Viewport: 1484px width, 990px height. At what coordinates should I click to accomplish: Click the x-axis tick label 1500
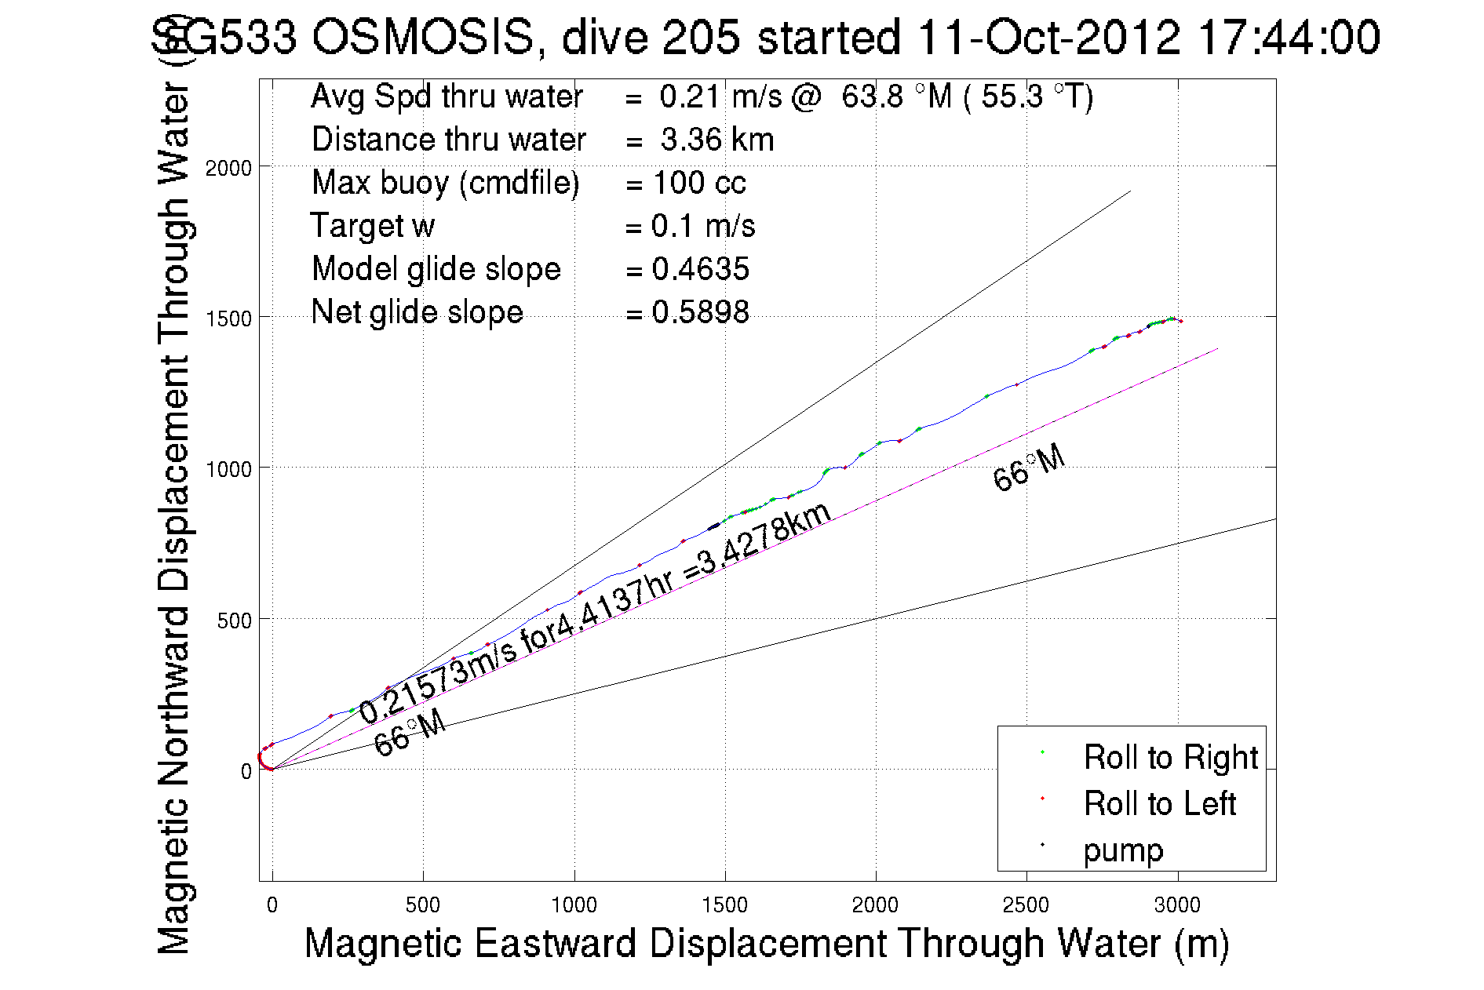[724, 905]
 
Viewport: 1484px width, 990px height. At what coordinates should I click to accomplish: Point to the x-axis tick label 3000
[1177, 905]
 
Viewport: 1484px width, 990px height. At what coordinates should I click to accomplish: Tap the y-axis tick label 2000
[228, 168]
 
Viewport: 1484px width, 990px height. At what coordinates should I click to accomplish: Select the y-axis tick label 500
[235, 621]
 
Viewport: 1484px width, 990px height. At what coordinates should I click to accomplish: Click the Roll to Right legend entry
[1170, 757]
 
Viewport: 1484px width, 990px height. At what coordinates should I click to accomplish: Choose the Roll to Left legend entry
[1159, 803]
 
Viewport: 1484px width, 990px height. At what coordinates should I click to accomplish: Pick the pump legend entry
[1123, 850]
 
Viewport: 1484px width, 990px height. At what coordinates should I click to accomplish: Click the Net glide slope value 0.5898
[700, 312]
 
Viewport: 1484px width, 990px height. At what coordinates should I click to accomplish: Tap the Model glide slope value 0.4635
[700, 269]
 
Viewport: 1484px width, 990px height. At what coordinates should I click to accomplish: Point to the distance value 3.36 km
[716, 140]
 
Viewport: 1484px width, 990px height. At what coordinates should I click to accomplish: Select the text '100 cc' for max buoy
[698, 183]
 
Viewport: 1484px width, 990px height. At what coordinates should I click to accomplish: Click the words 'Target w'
[372, 226]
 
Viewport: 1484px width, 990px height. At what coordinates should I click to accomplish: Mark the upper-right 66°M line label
[1029, 468]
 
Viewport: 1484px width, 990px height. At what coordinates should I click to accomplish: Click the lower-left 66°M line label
[410, 733]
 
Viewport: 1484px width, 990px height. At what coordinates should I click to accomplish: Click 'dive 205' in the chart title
[651, 37]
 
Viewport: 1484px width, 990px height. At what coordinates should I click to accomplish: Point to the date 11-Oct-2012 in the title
[1048, 37]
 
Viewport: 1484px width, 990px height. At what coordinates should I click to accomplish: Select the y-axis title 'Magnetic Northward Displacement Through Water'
[174, 518]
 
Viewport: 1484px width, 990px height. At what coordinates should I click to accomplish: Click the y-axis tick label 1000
[228, 469]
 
